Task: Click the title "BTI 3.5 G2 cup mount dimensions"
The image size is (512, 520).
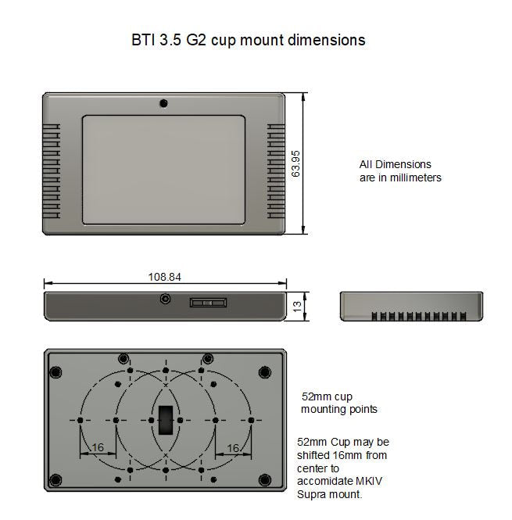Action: tap(248, 39)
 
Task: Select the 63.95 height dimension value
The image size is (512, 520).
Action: tap(295, 163)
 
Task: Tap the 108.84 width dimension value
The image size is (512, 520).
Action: tap(165, 277)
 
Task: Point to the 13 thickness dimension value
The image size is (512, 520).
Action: tap(296, 307)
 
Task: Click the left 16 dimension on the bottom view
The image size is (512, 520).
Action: tap(97, 447)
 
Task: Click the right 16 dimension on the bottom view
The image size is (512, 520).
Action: tap(232, 447)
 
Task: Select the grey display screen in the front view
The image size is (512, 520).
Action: tap(164, 169)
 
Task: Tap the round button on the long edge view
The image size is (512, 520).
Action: tap(165, 299)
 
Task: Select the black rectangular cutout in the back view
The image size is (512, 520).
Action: tap(165, 420)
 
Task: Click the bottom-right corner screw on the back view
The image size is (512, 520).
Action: tap(264, 479)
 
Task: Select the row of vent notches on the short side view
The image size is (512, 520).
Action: tap(419, 317)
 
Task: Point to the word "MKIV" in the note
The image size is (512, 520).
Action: tap(371, 481)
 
